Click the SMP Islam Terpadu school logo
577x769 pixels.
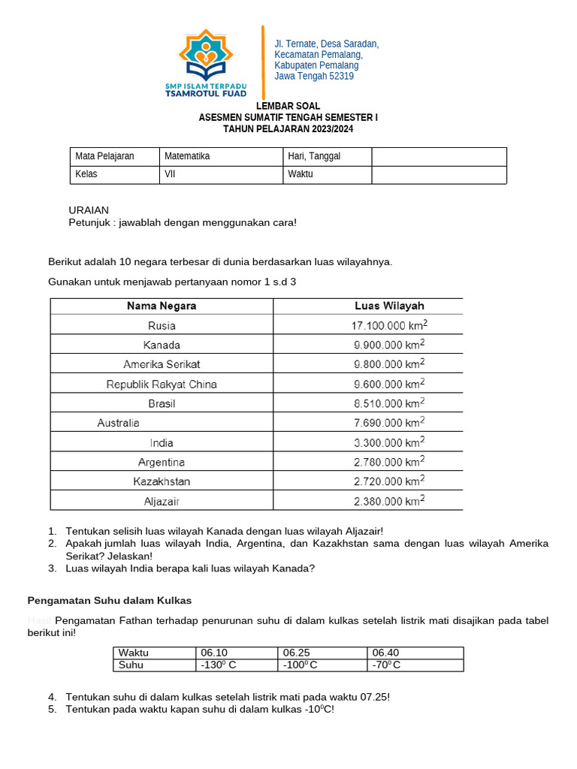[x=205, y=63]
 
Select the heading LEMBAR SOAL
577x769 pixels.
[x=288, y=107]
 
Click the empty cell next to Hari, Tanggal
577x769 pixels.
[x=439, y=156]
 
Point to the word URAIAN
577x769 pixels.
[x=89, y=210]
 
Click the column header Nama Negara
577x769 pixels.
[x=162, y=306]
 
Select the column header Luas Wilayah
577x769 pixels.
[x=389, y=306]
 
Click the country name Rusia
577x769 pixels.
[x=162, y=326]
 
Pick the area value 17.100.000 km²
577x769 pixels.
[x=389, y=326]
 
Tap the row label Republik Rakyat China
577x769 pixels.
[x=162, y=384]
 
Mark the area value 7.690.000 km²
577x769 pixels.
[x=389, y=423]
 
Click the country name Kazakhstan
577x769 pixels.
[x=162, y=481]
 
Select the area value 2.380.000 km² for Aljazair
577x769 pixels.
[x=389, y=501]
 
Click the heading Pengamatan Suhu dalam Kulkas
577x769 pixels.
[x=110, y=600]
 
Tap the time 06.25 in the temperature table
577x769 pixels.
[x=296, y=653]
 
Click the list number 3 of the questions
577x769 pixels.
[x=52, y=568]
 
